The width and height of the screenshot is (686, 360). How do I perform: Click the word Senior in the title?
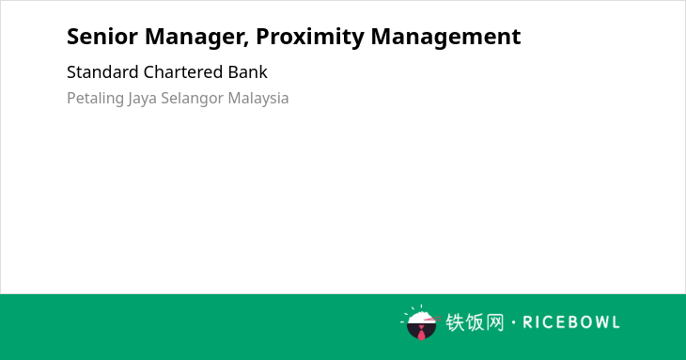tap(102, 37)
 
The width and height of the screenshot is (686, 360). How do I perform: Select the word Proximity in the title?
tap(310, 38)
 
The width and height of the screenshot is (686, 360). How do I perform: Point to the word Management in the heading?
tap(445, 38)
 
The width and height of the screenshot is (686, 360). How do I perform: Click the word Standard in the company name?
tap(102, 72)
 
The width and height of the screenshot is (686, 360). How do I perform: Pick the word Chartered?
tap(183, 72)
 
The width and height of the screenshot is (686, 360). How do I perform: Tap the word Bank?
tap(248, 72)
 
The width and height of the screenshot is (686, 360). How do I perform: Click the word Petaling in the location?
tap(95, 99)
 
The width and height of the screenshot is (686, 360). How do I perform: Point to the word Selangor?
tap(193, 99)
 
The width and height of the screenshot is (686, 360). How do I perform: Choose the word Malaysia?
tap(258, 99)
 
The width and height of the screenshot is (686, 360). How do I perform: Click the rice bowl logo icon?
tap(420, 322)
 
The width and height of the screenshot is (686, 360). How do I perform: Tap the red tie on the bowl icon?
tap(421, 334)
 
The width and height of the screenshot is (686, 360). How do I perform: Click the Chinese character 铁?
tap(455, 322)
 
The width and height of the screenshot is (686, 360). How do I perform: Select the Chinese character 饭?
tap(475, 322)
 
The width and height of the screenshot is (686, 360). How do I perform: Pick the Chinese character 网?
tap(494, 322)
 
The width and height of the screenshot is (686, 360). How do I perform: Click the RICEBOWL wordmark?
tap(571, 322)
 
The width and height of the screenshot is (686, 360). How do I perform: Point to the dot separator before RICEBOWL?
tap(513, 322)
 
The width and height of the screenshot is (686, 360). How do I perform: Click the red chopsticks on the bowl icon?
tap(432, 320)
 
